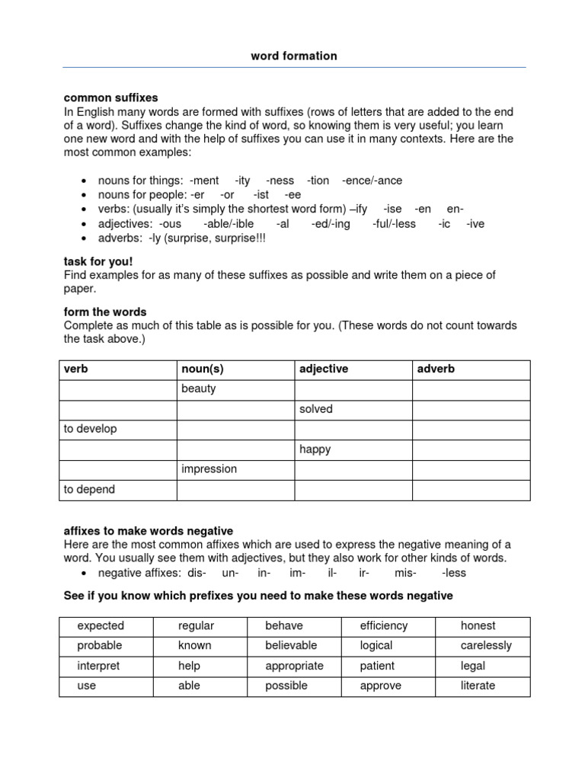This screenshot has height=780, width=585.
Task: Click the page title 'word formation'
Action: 293,56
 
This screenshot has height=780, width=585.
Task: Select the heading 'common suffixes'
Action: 111,97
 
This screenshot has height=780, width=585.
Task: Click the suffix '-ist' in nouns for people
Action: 261,195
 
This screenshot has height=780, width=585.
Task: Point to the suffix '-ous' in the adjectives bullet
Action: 170,224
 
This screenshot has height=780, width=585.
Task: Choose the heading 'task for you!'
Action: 98,261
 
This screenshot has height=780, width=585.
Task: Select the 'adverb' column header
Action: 436,369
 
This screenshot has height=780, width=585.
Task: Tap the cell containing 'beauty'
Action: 199,388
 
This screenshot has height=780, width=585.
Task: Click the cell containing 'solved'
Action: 316,409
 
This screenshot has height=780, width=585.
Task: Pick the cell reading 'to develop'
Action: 91,429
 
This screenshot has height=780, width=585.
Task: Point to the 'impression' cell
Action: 209,469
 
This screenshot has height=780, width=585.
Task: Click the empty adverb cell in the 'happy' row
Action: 470,449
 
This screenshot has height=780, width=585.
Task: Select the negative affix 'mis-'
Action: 405,573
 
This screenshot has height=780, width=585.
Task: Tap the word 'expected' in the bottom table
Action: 101,625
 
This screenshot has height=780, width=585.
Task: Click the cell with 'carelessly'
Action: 486,645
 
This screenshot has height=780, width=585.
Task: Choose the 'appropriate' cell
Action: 294,666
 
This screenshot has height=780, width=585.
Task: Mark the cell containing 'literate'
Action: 478,686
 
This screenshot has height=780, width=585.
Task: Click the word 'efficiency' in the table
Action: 384,625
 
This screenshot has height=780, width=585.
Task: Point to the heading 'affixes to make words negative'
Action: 149,530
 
